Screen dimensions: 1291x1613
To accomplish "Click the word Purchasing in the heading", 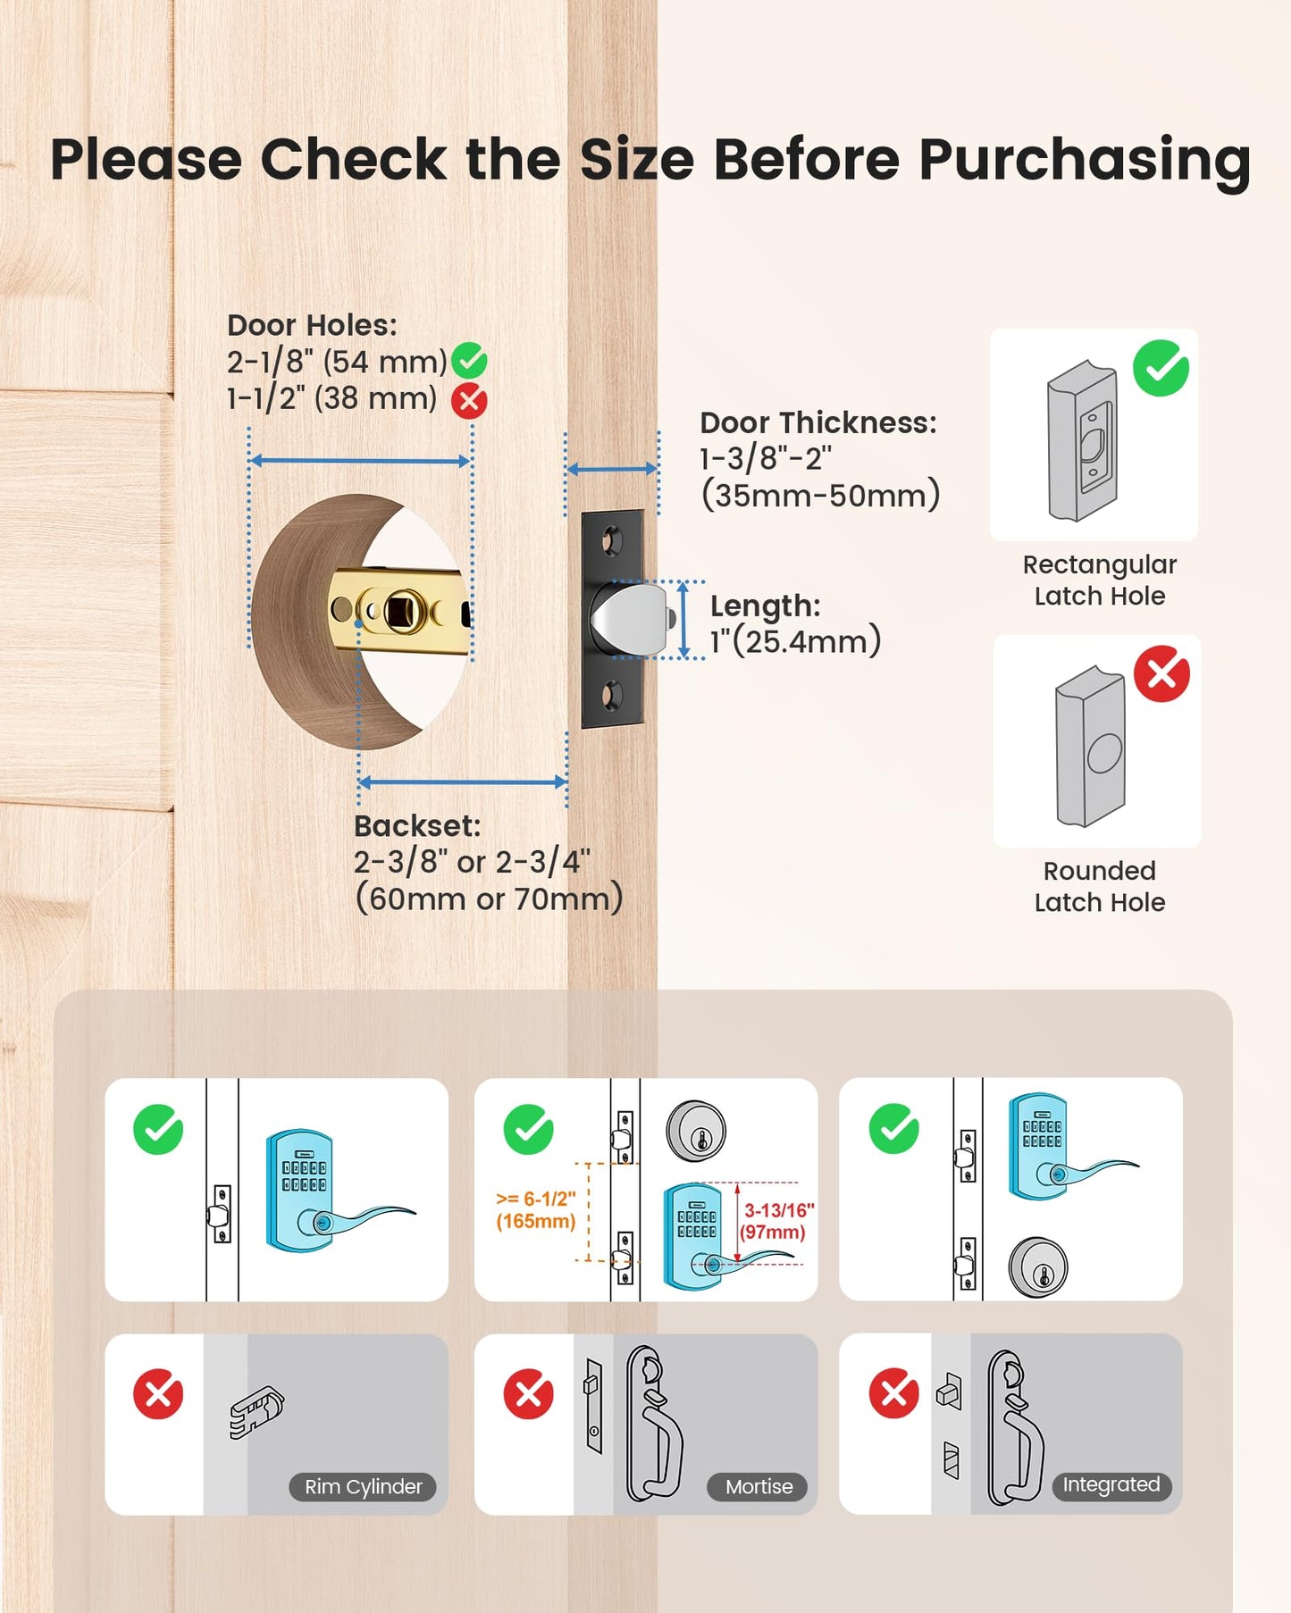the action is [x=1085, y=162].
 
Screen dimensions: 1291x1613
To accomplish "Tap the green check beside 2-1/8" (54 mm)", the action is [x=469, y=362].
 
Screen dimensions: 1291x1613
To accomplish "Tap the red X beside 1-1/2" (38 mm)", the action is [x=469, y=401].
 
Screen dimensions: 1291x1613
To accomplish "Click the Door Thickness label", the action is [x=818, y=422].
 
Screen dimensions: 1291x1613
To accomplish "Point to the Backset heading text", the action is [x=417, y=826].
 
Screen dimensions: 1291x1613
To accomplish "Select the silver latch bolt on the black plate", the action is [x=632, y=619].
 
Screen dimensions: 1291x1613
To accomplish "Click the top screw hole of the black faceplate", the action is [x=612, y=540].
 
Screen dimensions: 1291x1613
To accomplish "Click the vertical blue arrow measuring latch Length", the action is [x=683, y=620].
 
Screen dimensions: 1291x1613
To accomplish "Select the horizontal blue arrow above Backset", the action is [x=463, y=782].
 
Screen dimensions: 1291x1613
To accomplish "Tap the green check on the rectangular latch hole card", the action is [x=1161, y=368].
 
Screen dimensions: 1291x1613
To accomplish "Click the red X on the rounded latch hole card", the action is [x=1161, y=673].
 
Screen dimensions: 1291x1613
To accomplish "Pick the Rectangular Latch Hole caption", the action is [x=1100, y=581].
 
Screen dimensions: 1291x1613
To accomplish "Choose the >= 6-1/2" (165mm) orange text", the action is [x=536, y=1210].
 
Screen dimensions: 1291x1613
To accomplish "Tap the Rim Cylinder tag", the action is [x=363, y=1487].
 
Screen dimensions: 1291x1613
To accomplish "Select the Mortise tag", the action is [x=759, y=1487].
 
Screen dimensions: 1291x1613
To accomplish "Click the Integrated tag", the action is [x=1111, y=1484].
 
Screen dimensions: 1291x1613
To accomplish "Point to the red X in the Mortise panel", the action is [x=529, y=1394].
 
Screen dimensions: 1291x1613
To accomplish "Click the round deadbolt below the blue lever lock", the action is [x=1038, y=1266].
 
